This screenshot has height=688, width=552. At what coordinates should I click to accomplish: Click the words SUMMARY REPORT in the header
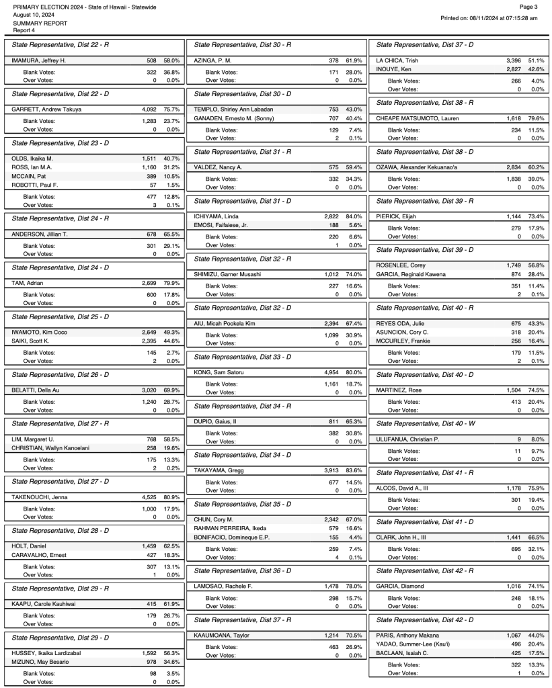point(40,22)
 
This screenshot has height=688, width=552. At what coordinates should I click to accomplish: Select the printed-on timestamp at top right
point(489,18)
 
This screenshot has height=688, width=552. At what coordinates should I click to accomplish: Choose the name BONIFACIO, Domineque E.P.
point(232,537)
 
